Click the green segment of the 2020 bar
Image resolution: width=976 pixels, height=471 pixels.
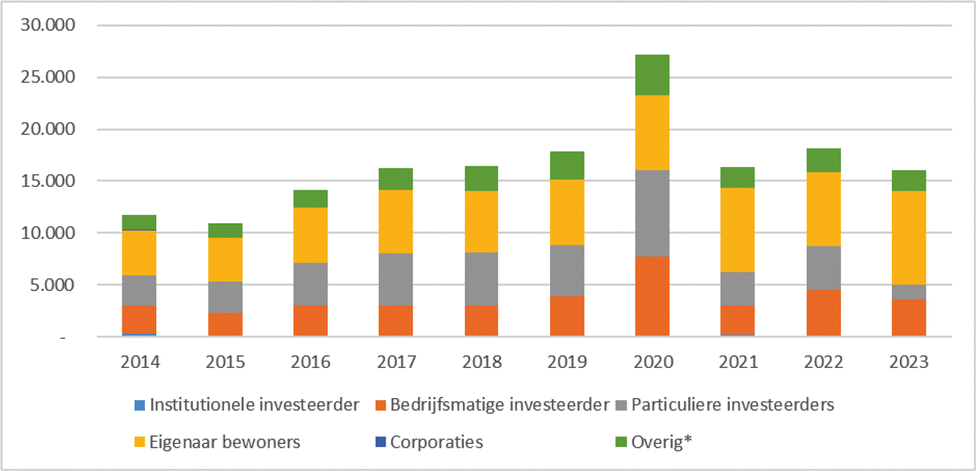pyautogui.click(x=651, y=75)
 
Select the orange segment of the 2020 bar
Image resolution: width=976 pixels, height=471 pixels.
pyautogui.click(x=651, y=296)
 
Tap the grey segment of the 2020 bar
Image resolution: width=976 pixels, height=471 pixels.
pyautogui.click(x=651, y=214)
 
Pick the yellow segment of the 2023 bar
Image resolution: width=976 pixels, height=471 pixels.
pyautogui.click(x=908, y=238)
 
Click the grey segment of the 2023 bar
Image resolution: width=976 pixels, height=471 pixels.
pyautogui.click(x=908, y=292)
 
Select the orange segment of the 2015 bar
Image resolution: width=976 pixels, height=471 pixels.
pyautogui.click(x=225, y=324)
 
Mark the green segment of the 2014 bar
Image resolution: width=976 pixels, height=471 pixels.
pyautogui.click(x=139, y=222)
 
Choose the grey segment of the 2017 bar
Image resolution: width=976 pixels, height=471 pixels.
pyautogui.click(x=395, y=279)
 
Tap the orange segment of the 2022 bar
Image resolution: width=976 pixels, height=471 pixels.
pyautogui.click(x=823, y=313)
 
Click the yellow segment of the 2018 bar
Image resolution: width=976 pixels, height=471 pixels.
pyautogui.click(x=481, y=222)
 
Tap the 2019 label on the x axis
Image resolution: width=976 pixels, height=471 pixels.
pyautogui.click(x=566, y=362)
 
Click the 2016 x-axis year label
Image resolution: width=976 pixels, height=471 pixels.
pyautogui.click(x=310, y=362)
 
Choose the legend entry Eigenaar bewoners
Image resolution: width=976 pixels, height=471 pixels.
pyautogui.click(x=224, y=442)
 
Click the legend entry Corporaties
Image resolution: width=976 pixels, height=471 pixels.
pyautogui.click(x=436, y=442)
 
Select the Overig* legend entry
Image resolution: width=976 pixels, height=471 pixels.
pyautogui.click(x=660, y=442)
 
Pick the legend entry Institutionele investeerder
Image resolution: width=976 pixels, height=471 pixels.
pyautogui.click(x=254, y=406)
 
